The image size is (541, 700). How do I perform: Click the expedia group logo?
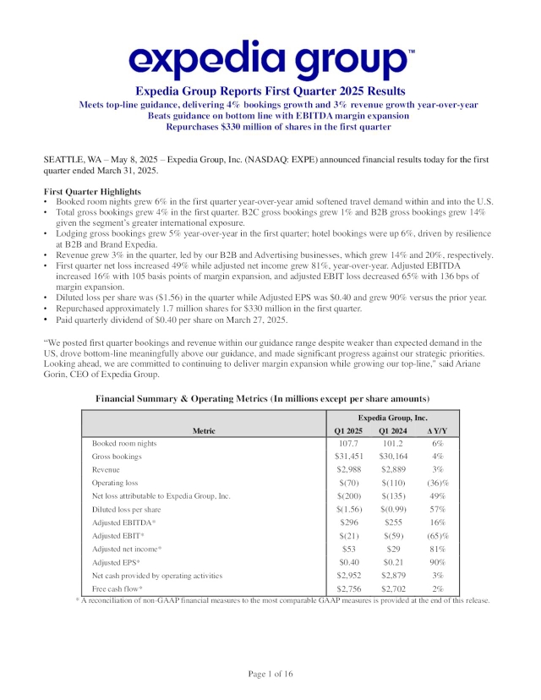pos(270,59)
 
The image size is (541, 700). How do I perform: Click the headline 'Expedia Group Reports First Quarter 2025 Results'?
pos(270,91)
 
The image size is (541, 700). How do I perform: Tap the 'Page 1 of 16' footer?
pos(270,674)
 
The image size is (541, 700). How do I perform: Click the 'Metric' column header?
pos(204,430)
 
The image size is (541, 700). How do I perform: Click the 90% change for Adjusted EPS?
pos(437,562)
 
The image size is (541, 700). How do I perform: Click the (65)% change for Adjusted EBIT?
pos(437,536)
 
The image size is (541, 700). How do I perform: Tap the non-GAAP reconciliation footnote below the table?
pos(282,600)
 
